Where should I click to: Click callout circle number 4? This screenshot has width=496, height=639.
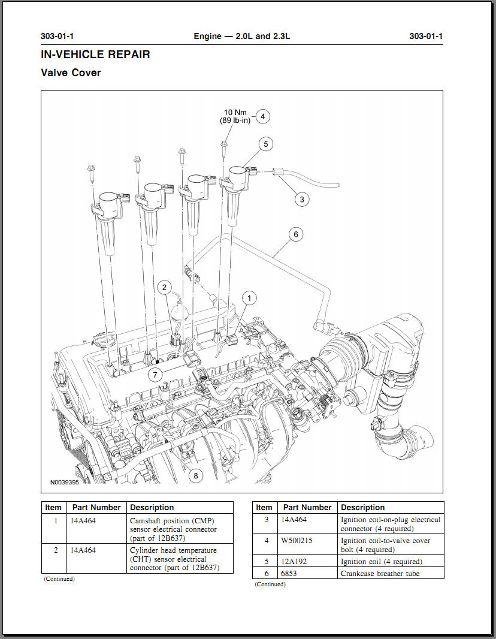[x=262, y=116]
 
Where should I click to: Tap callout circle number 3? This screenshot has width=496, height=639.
[x=302, y=199]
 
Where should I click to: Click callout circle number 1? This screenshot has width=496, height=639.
[x=250, y=297]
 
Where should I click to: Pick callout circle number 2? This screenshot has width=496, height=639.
[x=165, y=288]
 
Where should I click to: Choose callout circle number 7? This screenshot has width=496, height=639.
[x=155, y=375]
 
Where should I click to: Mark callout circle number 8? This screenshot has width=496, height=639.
[x=195, y=476]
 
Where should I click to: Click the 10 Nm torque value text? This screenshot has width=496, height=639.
[x=235, y=112]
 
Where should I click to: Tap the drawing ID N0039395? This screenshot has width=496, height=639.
[x=65, y=482]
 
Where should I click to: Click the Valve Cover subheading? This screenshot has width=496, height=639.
[x=71, y=73]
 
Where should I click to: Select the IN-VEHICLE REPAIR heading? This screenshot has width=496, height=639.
[x=95, y=55]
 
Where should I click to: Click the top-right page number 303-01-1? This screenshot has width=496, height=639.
[x=426, y=36]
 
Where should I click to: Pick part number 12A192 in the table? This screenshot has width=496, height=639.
[x=294, y=562]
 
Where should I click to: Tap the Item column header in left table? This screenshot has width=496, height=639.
[x=53, y=508]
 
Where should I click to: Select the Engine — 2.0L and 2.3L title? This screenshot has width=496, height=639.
[x=242, y=36]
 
